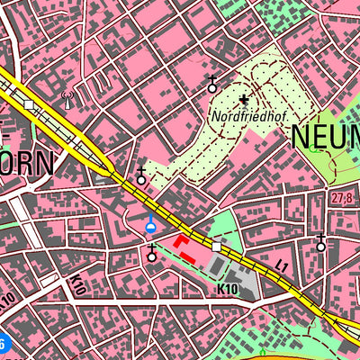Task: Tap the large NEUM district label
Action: (x=325, y=137)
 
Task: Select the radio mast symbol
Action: (x=66, y=97)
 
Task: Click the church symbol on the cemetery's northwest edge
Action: (x=212, y=85)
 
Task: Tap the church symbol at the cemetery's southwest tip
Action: (x=140, y=176)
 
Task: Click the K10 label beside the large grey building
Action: (x=227, y=289)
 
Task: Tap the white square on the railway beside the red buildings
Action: (x=216, y=246)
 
